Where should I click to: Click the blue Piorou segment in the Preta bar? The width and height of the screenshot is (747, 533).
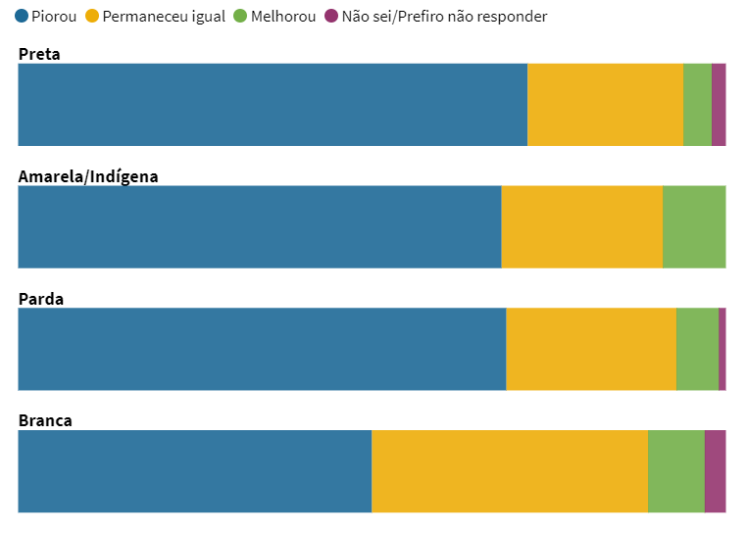[273, 105]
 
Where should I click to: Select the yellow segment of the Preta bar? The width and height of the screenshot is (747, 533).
[605, 105]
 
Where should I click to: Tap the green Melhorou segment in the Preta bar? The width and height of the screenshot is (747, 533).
[697, 105]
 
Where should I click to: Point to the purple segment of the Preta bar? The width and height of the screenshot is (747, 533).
[719, 105]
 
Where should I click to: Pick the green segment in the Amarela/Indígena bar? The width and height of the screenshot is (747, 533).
[694, 226]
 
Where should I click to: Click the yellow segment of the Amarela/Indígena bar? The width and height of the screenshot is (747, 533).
[581, 226]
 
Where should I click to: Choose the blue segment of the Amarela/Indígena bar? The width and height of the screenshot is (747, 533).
[260, 226]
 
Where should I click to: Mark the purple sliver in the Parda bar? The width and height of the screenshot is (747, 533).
[722, 349]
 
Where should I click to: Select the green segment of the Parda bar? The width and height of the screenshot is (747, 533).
[697, 349]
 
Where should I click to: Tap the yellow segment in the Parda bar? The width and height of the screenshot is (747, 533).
[591, 349]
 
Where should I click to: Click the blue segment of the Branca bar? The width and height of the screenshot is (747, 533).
[195, 471]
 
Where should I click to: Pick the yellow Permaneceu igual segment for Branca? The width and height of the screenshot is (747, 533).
[510, 471]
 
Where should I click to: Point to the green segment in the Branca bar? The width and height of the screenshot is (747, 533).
[676, 471]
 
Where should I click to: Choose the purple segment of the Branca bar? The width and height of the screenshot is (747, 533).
[716, 471]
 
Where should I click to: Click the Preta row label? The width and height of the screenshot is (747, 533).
[39, 54]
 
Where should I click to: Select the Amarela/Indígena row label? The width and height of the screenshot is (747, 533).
[88, 176]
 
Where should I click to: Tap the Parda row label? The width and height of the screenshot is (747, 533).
[41, 299]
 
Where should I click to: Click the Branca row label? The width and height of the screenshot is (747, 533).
[45, 420]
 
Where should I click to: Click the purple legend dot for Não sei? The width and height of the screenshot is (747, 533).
[331, 17]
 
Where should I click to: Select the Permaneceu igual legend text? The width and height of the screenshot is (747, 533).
[164, 17]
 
